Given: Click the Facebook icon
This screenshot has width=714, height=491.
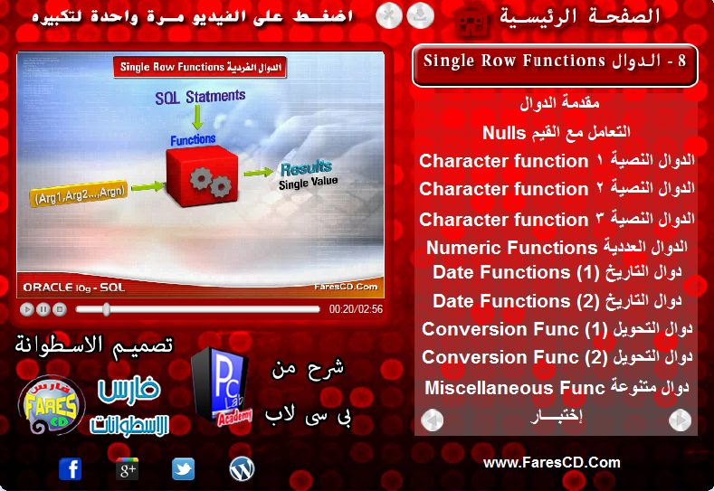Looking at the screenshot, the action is coord(70,468).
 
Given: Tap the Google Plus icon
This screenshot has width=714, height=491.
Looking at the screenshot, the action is coord(127,468).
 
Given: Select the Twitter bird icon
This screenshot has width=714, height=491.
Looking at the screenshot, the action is coord(183,468).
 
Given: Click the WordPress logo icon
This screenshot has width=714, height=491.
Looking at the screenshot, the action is coord(242,468).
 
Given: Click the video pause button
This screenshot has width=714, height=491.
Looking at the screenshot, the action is coord(43,309).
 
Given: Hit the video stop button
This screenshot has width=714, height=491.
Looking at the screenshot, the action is coord(60,309).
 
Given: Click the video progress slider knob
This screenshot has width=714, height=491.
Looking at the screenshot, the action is coord(106,309).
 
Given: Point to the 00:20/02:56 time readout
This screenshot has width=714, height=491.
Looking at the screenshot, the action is coord(356,309).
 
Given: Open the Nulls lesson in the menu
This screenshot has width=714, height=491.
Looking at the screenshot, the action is coord(556,132).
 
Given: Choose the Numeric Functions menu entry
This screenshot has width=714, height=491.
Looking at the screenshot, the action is coord(557,247).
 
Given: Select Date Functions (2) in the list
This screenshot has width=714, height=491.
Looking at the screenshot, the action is coord(557,301).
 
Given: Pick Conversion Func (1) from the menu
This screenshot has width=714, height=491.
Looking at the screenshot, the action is coord(557,329).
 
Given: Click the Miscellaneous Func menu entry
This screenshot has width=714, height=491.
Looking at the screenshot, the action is coord(557,387).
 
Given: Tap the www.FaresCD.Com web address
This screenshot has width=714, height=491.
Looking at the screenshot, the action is coord(551,463).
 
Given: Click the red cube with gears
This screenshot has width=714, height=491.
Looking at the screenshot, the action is coord(202,175).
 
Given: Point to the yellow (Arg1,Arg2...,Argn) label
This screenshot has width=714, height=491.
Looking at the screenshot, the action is coord(79,194).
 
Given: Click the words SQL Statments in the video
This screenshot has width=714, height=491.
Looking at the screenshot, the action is coord(200,97).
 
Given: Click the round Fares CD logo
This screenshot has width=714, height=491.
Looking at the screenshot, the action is coord(52,404).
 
